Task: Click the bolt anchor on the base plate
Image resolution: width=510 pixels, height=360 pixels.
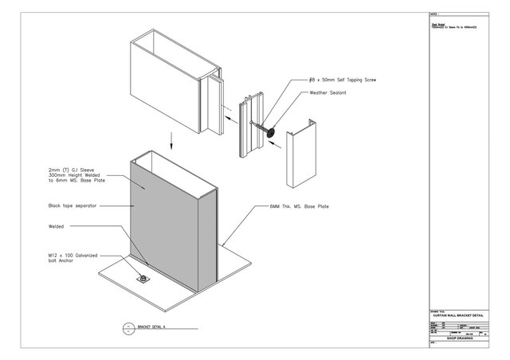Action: [143, 280]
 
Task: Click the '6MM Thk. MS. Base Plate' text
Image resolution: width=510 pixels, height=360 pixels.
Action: [299, 206]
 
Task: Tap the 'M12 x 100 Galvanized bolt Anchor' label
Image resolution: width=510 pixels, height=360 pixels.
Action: [73, 259]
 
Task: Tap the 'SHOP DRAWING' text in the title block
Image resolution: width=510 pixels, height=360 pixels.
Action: [460, 338]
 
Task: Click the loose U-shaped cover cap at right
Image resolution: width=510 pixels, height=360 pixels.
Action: [300, 148]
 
